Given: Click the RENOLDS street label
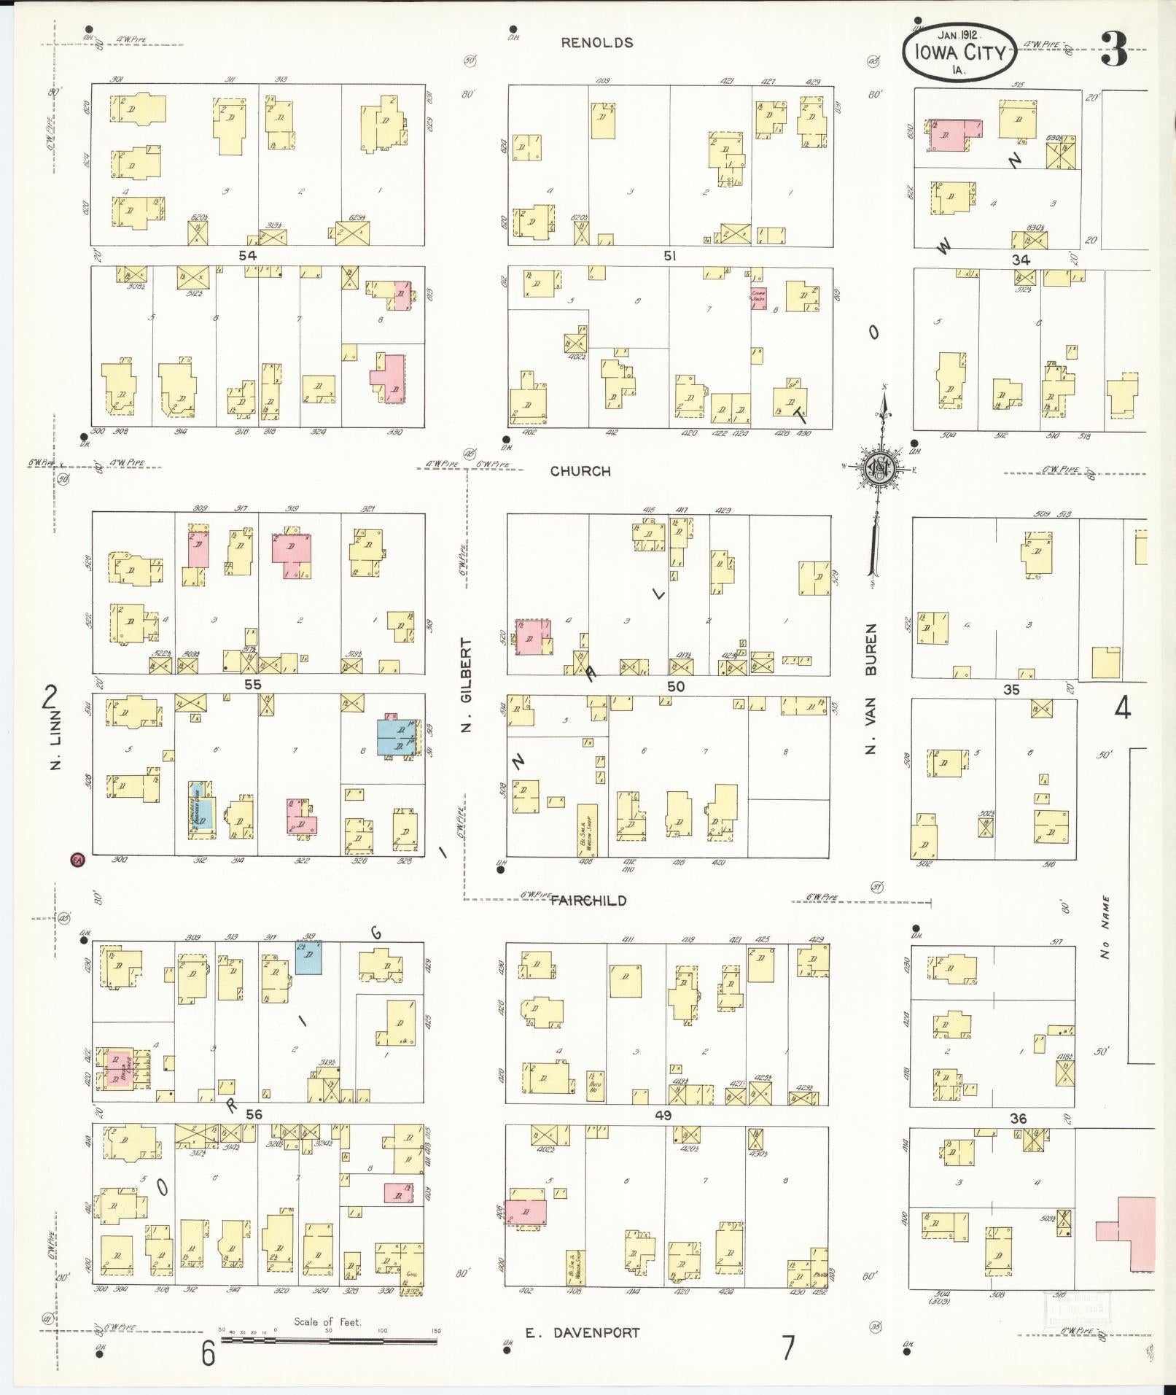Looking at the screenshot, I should (596, 42).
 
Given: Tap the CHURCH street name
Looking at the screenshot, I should (580, 471).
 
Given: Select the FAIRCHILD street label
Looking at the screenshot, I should (588, 901).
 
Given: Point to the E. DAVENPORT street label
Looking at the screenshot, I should (583, 1332).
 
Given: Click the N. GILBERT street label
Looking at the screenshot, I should (467, 685).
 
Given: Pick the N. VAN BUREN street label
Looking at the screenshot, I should (872, 688).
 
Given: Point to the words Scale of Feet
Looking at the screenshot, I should (327, 1321).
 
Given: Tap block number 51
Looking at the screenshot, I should (670, 255).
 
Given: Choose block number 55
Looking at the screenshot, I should (252, 685).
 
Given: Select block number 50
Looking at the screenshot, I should (676, 686).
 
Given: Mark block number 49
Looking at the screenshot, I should (663, 1115).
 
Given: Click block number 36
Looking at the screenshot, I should (1018, 1118).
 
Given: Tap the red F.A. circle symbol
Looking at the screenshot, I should (77, 860).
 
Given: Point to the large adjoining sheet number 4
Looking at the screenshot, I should (1123, 707).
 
